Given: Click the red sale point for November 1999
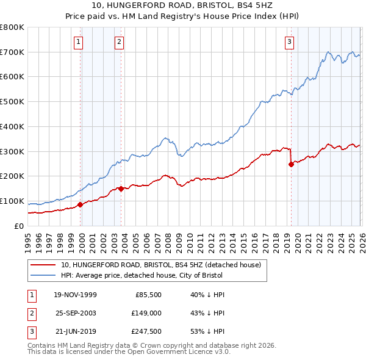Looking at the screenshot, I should [80, 204].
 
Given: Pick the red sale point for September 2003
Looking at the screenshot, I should [121, 189].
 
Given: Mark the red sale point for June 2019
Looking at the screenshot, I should [291, 164].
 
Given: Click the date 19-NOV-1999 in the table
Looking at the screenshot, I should [75, 295].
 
